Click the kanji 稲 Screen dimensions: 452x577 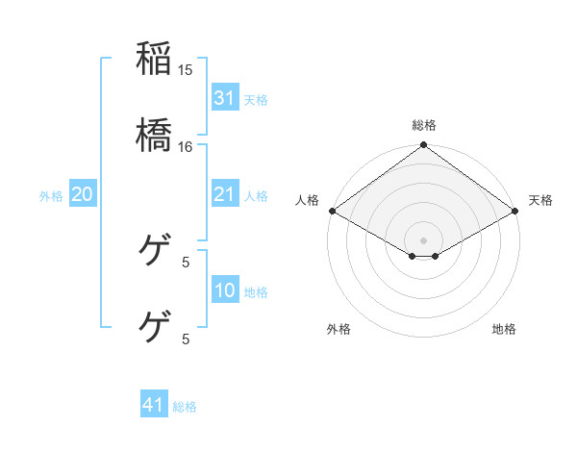[x=154, y=58]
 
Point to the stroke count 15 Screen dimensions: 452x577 [x=186, y=69]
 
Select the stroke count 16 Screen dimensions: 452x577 [x=186, y=146]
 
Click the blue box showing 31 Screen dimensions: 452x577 [x=224, y=97]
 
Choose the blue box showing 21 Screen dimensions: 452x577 [x=224, y=194]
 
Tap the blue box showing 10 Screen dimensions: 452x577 [x=224, y=291]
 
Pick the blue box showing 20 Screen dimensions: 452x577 [x=83, y=194]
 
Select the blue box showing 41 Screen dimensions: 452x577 [x=154, y=405]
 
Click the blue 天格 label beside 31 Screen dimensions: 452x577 [x=256, y=99]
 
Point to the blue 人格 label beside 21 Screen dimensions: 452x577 [x=256, y=196]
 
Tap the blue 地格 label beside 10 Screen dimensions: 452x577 [x=256, y=292]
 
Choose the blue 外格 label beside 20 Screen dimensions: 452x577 [x=51, y=196]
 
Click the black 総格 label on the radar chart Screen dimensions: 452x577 [x=424, y=125]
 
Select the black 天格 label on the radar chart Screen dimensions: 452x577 [x=540, y=200]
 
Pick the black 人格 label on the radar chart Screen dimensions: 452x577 [x=307, y=200]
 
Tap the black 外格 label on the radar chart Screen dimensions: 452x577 [x=339, y=329]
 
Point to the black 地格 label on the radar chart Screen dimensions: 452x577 [x=504, y=329]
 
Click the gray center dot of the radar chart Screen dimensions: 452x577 [x=424, y=239]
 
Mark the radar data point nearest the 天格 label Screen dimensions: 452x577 [x=516, y=211]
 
